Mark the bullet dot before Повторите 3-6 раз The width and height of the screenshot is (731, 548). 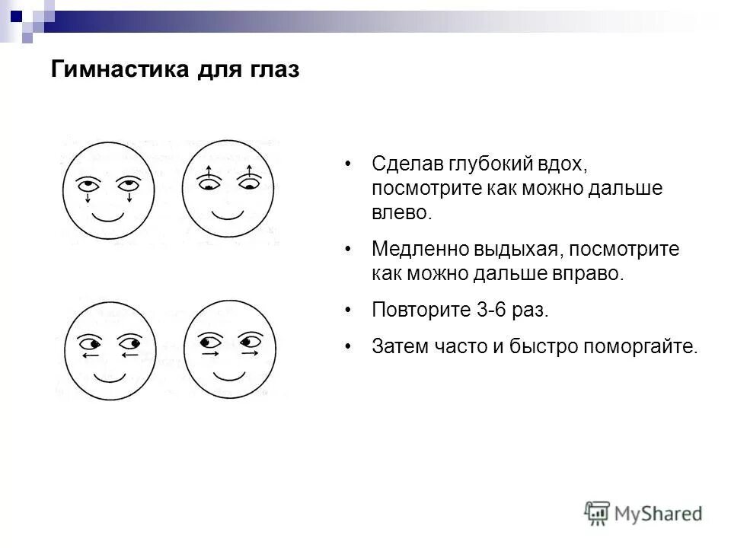(348, 311)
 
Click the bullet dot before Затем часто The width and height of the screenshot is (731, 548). (348, 347)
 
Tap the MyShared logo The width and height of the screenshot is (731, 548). (643, 512)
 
